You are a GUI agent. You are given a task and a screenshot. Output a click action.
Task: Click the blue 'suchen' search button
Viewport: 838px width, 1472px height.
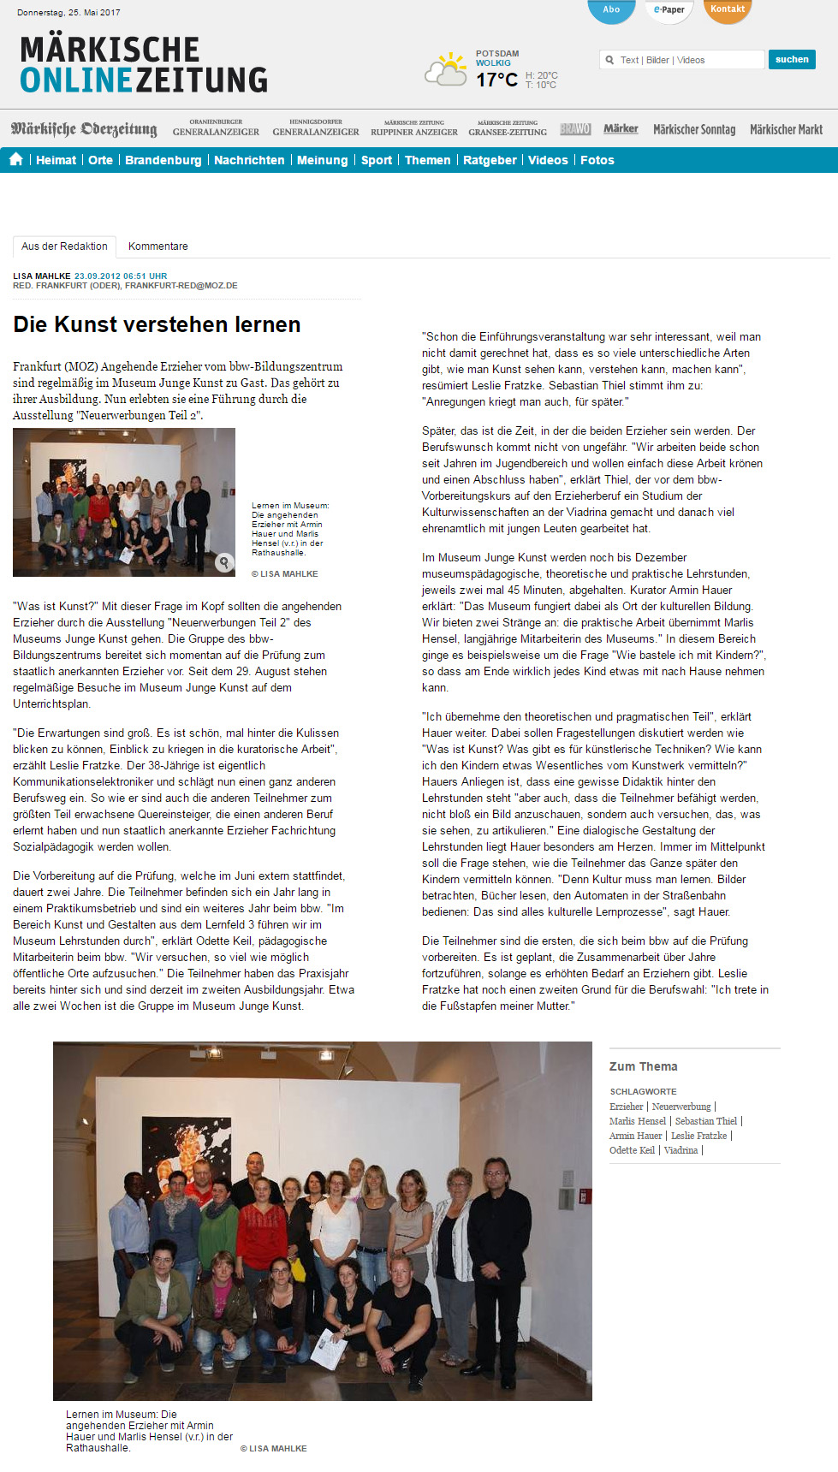click(792, 59)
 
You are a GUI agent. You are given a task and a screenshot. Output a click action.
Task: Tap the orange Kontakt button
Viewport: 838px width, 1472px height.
click(728, 10)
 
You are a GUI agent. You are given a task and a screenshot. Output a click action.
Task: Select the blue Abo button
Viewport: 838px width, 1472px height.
click(611, 10)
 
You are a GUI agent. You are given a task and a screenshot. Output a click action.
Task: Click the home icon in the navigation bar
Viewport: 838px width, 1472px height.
click(15, 159)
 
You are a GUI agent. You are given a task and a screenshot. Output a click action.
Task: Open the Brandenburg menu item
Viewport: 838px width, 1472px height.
click(163, 160)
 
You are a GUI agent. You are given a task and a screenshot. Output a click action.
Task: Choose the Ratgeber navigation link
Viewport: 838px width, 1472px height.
click(490, 160)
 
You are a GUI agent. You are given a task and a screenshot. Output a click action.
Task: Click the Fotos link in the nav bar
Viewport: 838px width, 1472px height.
click(597, 160)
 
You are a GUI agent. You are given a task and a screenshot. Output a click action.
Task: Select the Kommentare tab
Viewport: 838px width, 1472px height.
click(157, 246)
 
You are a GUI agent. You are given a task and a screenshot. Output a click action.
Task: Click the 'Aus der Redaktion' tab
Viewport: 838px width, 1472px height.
click(64, 246)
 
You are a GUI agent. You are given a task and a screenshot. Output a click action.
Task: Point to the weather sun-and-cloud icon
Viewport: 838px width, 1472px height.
click(447, 70)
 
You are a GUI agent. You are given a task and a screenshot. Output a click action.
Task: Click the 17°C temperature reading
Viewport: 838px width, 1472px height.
click(496, 80)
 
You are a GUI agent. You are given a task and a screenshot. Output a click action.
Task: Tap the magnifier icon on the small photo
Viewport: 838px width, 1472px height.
click(223, 562)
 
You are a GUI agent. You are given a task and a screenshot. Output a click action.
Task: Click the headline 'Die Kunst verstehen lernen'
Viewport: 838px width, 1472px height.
click(157, 324)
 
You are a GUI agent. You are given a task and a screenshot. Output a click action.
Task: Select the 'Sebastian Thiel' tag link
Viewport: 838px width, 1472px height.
click(705, 1121)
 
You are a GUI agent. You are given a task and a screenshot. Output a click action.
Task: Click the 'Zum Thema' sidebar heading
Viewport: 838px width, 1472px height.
click(643, 1066)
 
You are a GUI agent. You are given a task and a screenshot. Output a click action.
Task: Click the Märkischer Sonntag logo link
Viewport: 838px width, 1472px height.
click(694, 129)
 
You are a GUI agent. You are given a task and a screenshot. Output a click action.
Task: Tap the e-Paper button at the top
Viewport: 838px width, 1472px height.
click(669, 10)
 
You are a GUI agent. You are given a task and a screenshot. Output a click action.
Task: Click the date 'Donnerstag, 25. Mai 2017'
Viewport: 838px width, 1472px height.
click(68, 13)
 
